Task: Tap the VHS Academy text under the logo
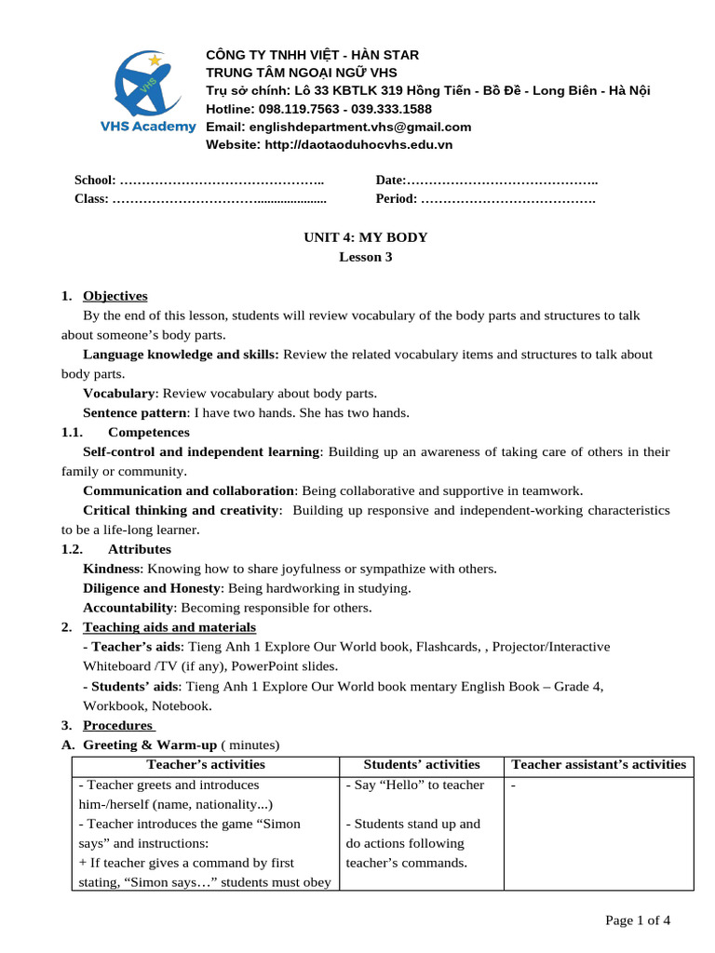pos(148,127)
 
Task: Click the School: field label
pos(95,181)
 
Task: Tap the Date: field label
pos(391,181)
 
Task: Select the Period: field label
pos(397,198)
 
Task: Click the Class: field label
pos(91,198)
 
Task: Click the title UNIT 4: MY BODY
pos(366,237)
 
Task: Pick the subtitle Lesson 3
pos(366,257)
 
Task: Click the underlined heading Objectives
pos(115,296)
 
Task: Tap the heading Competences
pos(149,432)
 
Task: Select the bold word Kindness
pos(111,569)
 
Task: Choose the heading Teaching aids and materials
pos(169,627)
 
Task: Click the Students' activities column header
pos(422,765)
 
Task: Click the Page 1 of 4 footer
pos(638,920)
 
